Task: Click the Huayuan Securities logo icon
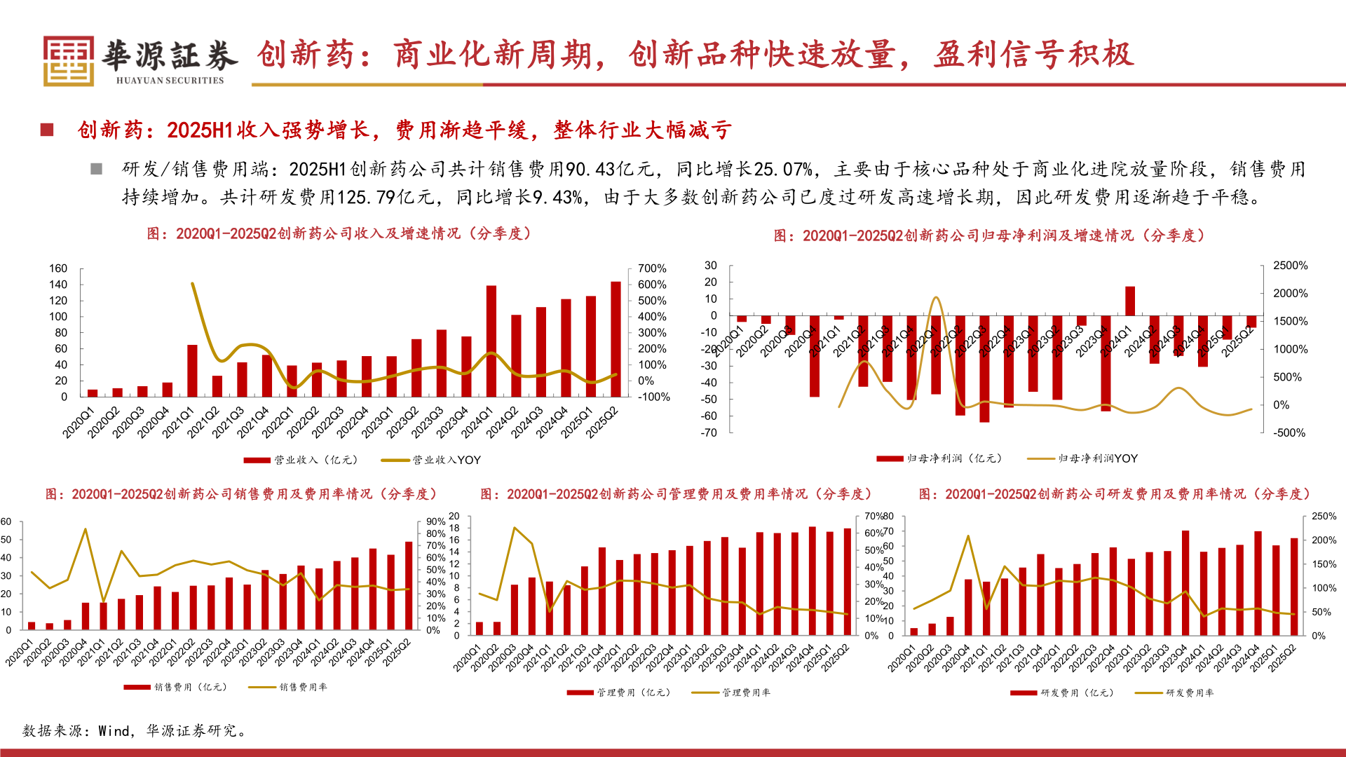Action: coord(69,61)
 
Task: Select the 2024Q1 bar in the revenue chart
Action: coord(491,341)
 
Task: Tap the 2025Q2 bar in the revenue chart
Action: coord(616,339)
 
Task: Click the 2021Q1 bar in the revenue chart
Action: coord(192,370)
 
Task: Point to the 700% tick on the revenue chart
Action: coord(652,268)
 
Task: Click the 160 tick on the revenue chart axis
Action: coord(58,268)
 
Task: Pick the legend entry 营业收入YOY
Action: coord(432,460)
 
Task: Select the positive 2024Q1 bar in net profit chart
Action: coord(1129,301)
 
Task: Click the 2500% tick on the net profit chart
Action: coord(1290,266)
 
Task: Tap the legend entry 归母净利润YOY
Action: coord(1083,458)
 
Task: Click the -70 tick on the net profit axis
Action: coord(709,432)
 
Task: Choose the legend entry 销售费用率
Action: coord(288,687)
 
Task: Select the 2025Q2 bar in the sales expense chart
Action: coord(409,585)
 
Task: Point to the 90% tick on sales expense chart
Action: coord(435,521)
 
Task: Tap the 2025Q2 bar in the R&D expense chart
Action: coord(1294,586)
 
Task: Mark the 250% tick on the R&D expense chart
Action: coord(1324,516)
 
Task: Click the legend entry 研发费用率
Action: coord(1175,693)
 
